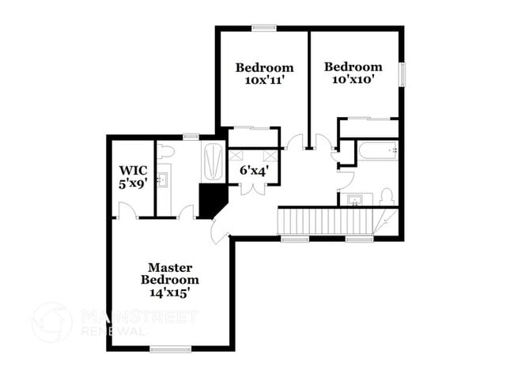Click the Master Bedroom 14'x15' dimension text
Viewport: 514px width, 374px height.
[170, 293]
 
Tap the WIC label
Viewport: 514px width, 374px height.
[133, 171]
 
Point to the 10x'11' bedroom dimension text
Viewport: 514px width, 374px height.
[264, 81]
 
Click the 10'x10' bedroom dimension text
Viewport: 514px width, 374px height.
[353, 79]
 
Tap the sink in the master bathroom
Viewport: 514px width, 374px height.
[163, 180]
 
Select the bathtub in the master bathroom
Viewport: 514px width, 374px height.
[214, 161]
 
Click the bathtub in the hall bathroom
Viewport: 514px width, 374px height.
[378, 150]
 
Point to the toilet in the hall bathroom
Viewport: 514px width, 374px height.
[387, 196]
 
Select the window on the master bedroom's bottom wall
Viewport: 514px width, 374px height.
[171, 349]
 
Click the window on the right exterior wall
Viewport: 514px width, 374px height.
[402, 75]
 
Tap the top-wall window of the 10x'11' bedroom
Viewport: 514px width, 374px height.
[264, 28]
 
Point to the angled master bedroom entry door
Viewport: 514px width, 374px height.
[218, 232]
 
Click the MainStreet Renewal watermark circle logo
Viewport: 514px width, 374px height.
[51, 323]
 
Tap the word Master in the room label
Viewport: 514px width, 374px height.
[170, 268]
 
